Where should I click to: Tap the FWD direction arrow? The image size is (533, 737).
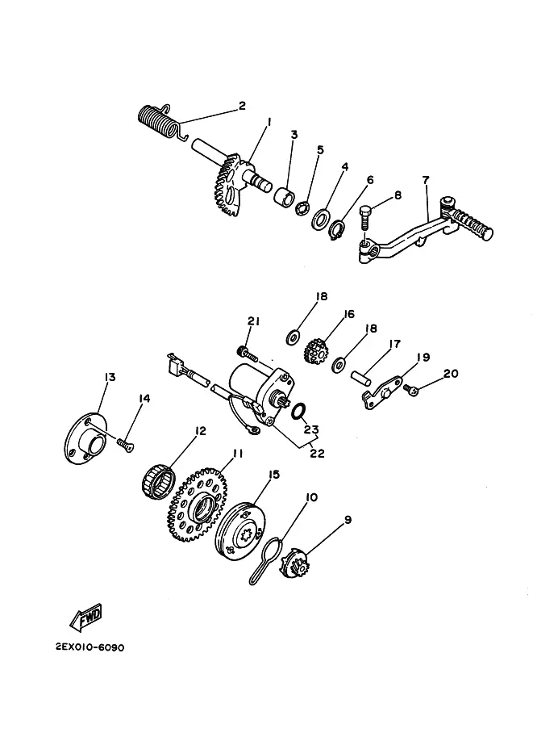pyautogui.click(x=85, y=616)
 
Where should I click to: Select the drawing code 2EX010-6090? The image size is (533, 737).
pyautogui.click(x=90, y=647)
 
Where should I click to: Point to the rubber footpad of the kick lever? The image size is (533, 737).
pyautogui.click(x=472, y=224)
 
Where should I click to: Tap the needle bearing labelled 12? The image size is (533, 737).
pyautogui.click(x=158, y=481)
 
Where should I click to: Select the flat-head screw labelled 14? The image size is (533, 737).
pyautogui.click(x=125, y=444)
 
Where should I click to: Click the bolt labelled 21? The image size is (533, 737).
pyautogui.click(x=248, y=354)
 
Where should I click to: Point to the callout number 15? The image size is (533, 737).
pyautogui.click(x=273, y=475)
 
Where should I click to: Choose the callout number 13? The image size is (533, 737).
pyautogui.click(x=110, y=378)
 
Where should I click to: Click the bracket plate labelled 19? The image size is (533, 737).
pyautogui.click(x=381, y=392)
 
